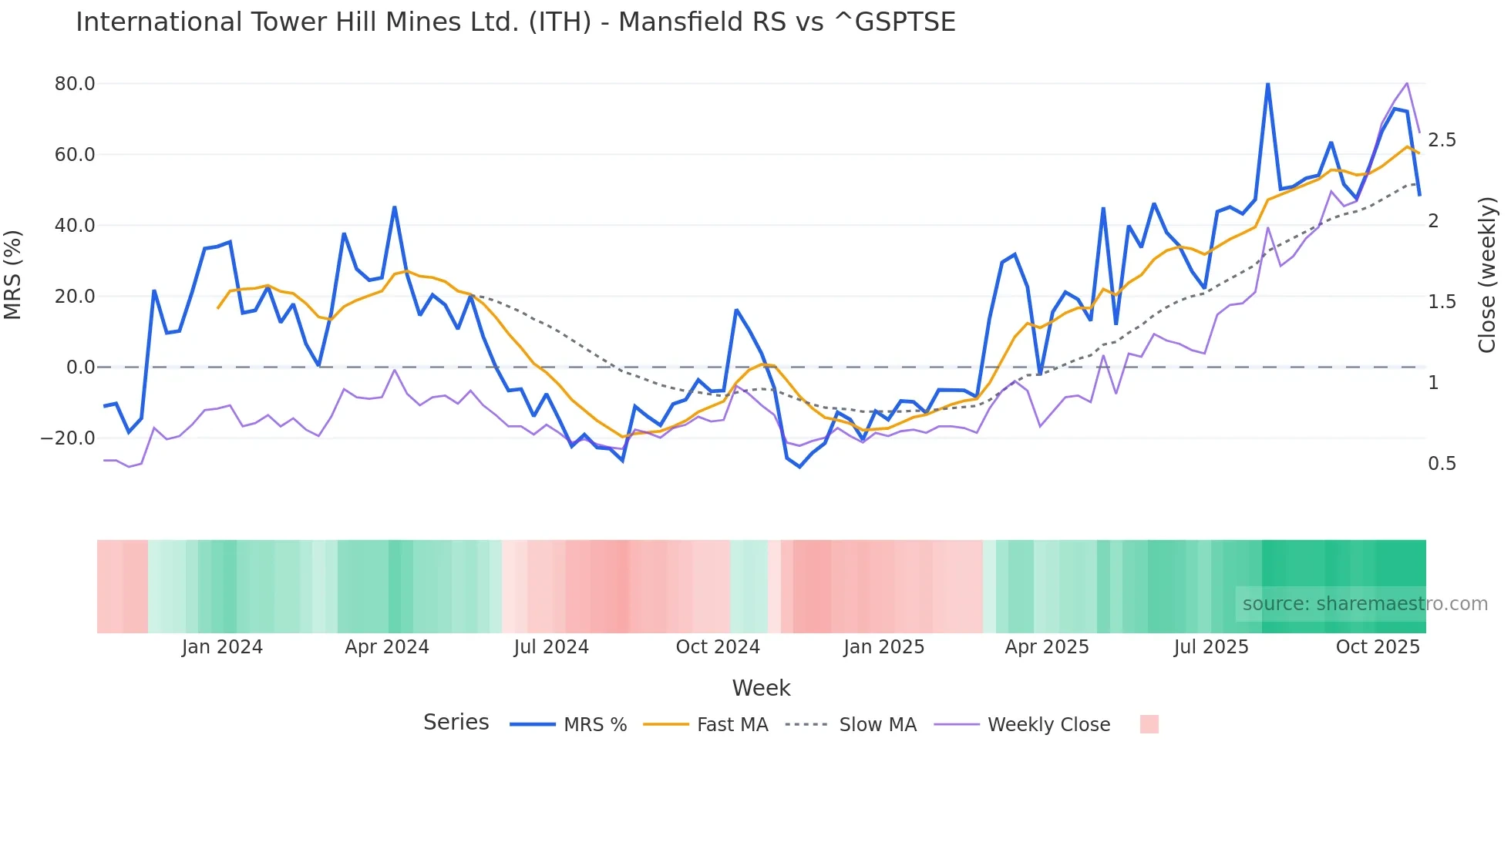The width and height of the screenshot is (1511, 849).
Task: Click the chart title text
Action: point(515,22)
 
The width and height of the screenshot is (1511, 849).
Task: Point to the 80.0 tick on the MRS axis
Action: point(75,83)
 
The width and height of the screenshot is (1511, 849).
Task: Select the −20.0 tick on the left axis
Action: point(68,438)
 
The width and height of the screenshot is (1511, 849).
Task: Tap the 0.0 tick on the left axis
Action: point(80,367)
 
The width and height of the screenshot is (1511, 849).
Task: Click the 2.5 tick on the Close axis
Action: point(1442,140)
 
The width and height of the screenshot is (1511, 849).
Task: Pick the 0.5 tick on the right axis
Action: point(1442,464)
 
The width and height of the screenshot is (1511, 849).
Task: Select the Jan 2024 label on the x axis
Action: point(222,647)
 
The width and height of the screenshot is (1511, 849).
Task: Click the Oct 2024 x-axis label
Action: point(718,647)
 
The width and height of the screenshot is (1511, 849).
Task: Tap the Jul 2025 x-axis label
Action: point(1211,647)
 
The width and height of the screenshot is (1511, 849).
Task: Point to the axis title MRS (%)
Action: point(13,274)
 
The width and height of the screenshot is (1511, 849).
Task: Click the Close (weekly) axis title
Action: point(1487,274)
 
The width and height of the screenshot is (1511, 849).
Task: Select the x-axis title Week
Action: point(761,688)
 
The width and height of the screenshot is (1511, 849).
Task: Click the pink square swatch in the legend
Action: point(1149,724)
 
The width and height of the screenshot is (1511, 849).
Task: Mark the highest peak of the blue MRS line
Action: point(1267,83)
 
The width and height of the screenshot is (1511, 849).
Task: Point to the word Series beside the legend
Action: point(456,723)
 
